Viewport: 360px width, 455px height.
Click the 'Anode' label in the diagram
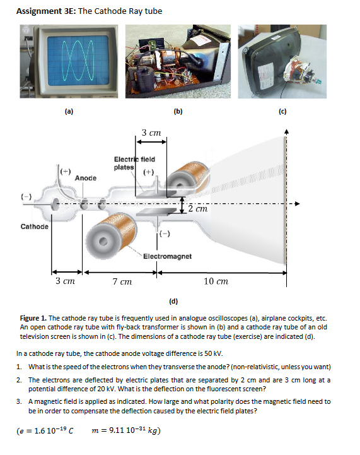point(86,178)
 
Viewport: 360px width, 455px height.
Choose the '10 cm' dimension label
point(216,281)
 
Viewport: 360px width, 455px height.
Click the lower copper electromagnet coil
point(114,230)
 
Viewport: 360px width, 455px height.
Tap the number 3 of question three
point(20,401)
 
